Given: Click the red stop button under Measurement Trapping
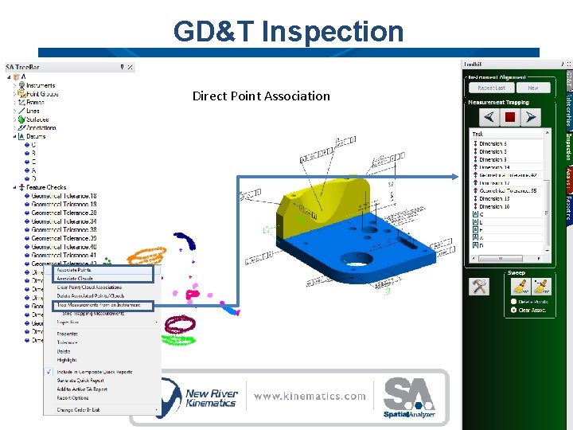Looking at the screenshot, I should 510,117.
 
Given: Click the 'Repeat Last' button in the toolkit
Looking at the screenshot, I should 491,88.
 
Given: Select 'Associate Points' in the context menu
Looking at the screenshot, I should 73,270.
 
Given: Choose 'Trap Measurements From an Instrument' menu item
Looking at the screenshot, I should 99,305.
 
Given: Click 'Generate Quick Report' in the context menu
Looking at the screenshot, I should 80,381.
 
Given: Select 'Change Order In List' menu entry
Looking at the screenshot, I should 78,409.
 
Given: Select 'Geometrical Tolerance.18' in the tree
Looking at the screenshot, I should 64,196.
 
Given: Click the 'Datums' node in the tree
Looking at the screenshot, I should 36,136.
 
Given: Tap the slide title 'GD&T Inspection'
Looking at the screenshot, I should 288,32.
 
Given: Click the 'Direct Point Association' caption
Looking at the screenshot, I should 261,96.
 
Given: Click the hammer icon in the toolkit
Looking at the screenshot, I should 479,287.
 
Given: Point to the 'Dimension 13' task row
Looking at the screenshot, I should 494,199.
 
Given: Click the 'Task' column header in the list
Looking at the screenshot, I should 477,135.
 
